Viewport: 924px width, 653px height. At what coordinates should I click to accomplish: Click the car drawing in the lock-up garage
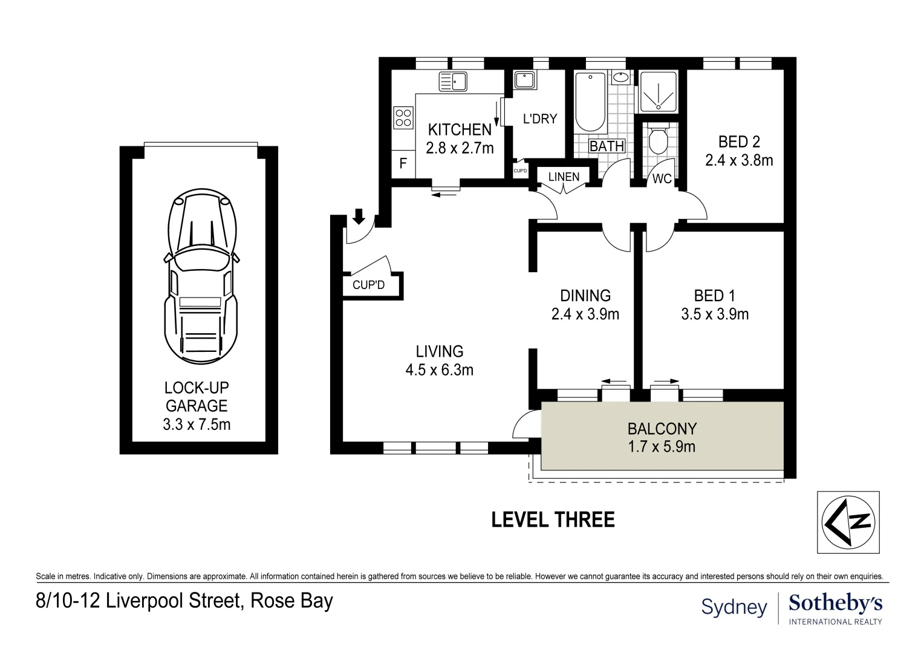[x=200, y=278]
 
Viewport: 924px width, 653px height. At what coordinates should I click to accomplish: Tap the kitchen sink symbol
[x=453, y=81]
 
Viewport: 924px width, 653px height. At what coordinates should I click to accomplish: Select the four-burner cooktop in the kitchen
[x=402, y=117]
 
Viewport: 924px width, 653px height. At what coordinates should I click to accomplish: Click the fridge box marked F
[x=403, y=163]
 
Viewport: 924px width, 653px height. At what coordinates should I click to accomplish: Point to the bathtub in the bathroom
[x=590, y=103]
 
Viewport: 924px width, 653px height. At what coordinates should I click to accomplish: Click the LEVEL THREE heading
[x=553, y=519]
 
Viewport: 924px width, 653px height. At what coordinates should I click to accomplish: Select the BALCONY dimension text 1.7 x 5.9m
[x=662, y=447]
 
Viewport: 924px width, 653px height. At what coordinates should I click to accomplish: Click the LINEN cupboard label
[x=564, y=177]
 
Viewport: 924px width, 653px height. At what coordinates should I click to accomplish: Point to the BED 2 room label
[x=739, y=141]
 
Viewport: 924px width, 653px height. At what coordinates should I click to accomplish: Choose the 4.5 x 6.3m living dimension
[x=439, y=369]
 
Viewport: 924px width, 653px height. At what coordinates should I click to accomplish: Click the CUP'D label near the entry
[x=368, y=284]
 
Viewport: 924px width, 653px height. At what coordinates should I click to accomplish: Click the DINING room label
[x=585, y=295]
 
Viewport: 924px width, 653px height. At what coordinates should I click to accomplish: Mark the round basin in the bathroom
[x=620, y=77]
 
